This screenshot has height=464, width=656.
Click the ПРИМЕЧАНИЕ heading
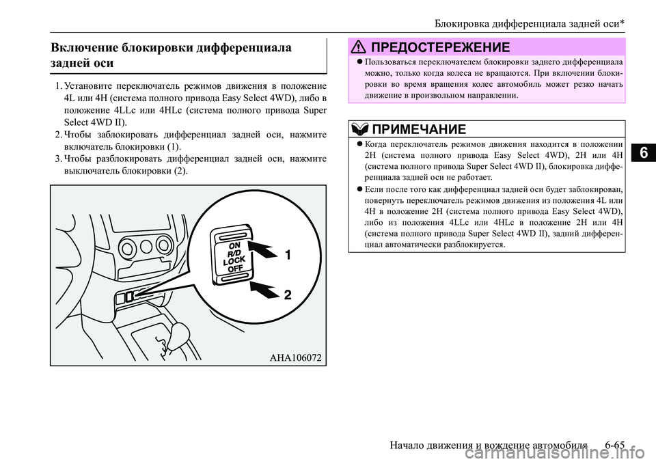click(420, 129)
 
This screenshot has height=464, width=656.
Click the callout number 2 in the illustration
click(288, 295)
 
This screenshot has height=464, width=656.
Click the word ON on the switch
click(234, 244)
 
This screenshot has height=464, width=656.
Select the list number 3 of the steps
click(58, 159)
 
